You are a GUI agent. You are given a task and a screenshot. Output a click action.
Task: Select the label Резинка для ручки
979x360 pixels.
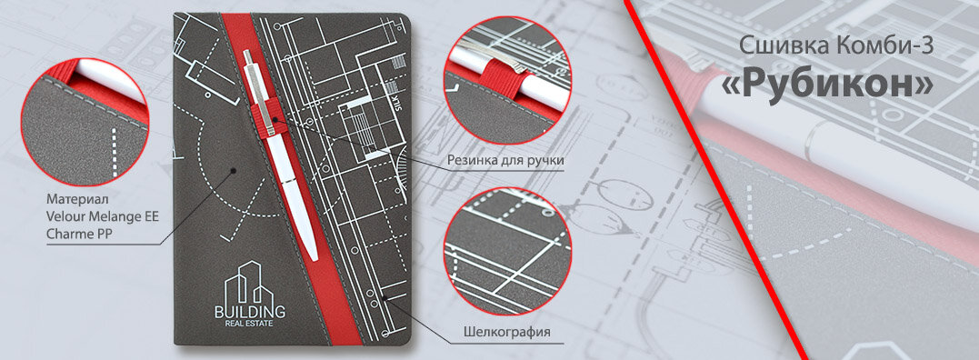pos(505,160)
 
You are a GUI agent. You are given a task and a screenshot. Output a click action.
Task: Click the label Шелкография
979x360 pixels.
pos(505,331)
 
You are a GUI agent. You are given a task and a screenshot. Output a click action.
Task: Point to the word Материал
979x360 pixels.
pos(77,199)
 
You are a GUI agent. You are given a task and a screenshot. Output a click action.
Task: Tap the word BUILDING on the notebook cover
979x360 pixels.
pos(250,311)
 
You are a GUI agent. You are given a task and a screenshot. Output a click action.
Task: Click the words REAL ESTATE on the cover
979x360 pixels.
pos(250,324)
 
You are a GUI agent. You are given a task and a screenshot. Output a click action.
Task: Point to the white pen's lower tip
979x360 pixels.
pos(314,257)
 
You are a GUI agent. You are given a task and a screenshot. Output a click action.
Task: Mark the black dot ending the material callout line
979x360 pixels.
pos(233,170)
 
